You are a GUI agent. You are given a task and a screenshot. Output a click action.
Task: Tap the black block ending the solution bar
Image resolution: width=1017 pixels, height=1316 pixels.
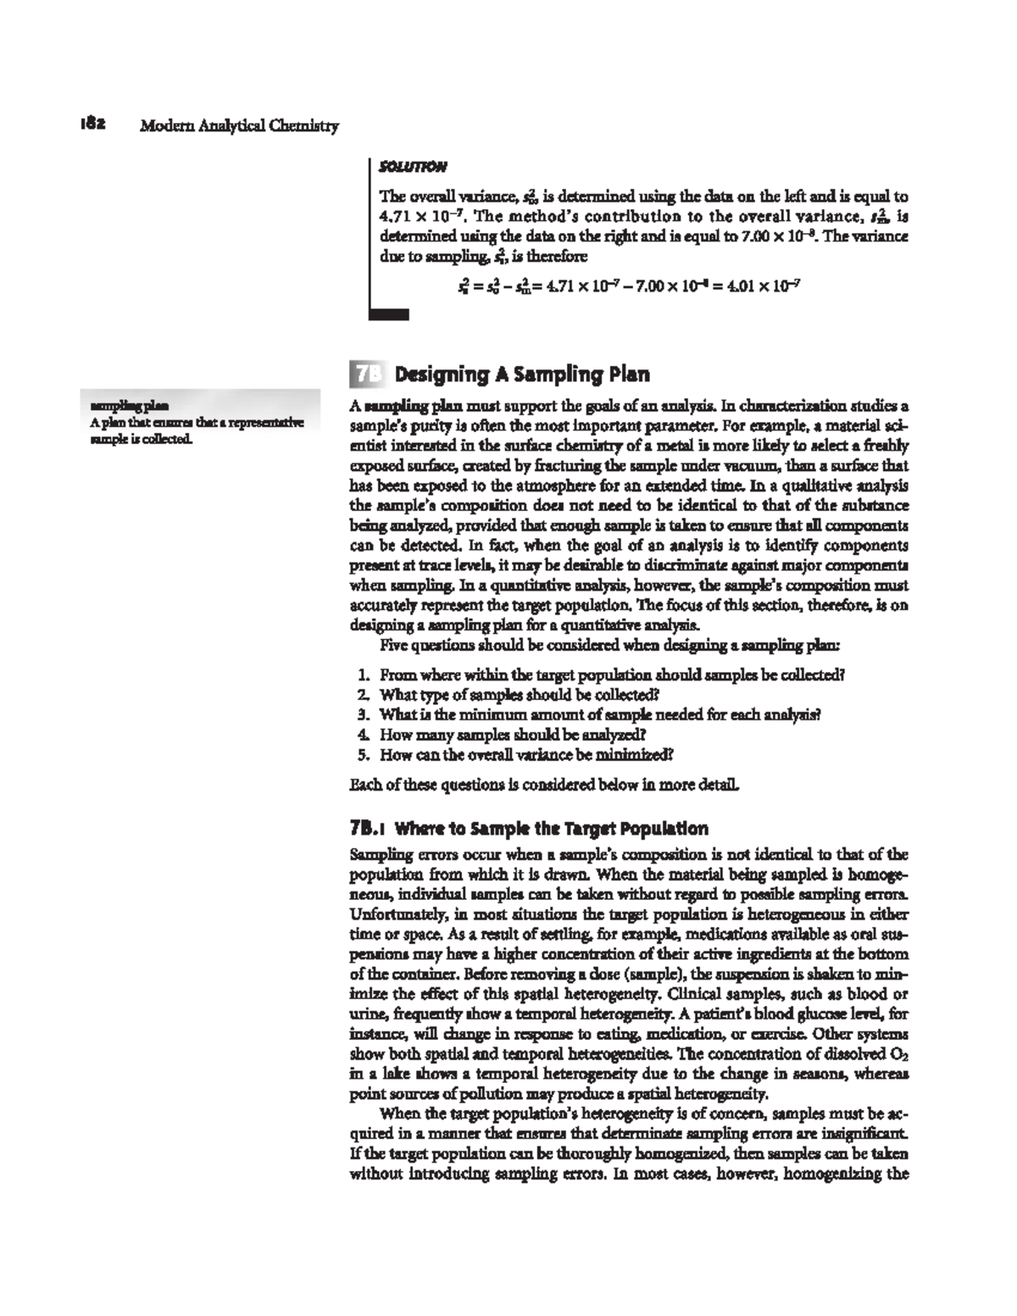389,314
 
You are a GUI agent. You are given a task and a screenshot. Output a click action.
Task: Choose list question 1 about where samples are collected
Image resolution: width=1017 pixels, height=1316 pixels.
602,675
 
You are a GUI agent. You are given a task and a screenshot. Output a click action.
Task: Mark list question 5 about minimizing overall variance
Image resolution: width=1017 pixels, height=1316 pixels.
516,753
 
